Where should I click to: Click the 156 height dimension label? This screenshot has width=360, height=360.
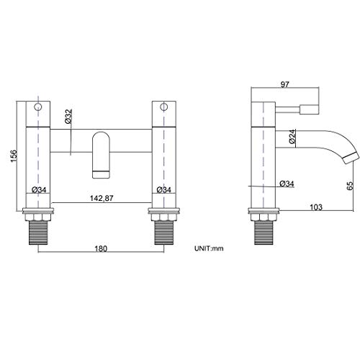click(14, 156)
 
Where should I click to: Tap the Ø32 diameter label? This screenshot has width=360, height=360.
click(68, 117)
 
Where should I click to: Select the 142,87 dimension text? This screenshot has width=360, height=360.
click(102, 198)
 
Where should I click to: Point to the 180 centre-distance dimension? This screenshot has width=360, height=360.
click(101, 248)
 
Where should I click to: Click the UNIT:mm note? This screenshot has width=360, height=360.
click(209, 248)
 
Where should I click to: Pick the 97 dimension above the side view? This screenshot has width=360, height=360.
click(285, 84)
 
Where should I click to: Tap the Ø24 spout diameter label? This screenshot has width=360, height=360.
click(292, 137)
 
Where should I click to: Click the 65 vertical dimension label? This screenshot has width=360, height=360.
click(350, 186)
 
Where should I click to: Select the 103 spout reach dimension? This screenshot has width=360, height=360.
click(316, 207)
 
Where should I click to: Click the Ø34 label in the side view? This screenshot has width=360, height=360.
click(287, 184)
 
